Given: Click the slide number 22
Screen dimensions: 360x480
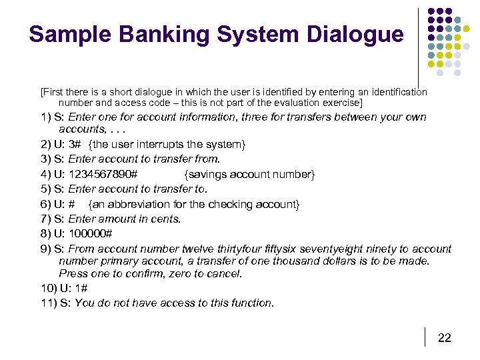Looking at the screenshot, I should click(444, 338).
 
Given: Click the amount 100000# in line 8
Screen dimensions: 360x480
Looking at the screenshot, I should click(91, 234).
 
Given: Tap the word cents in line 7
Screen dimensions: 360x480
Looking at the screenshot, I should click(164, 219).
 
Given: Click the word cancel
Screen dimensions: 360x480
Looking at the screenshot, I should click(225, 273).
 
